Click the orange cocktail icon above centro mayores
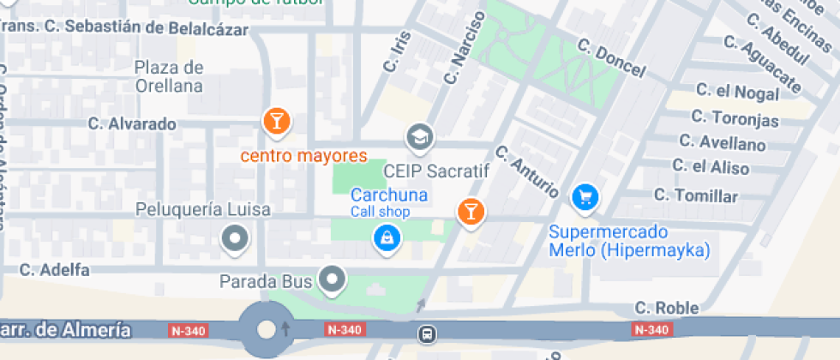(x=276, y=122)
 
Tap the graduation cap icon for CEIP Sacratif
(x=419, y=136)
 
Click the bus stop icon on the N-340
(x=425, y=332)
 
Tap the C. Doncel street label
(x=611, y=58)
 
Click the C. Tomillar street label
(x=695, y=196)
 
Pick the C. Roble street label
(x=667, y=308)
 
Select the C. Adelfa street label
(x=55, y=270)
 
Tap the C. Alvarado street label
(x=132, y=123)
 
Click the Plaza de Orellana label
(x=169, y=76)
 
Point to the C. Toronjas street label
(x=735, y=117)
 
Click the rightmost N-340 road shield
(x=651, y=330)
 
